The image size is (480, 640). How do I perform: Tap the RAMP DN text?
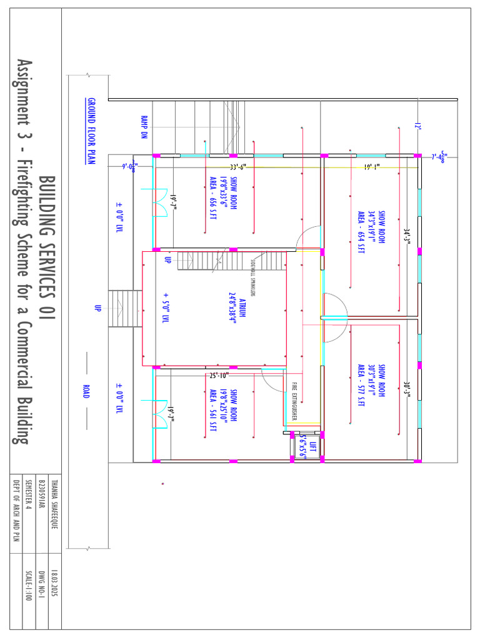click(144, 127)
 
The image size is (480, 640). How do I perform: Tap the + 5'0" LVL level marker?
click(166, 307)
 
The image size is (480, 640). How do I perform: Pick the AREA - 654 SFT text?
click(361, 232)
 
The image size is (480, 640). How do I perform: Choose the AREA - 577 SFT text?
click(361, 386)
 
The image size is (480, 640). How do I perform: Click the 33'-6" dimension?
click(237, 167)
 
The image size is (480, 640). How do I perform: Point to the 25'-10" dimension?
click(219, 376)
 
